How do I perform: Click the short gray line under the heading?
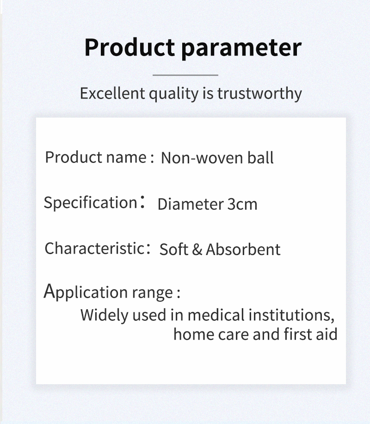click(185, 75)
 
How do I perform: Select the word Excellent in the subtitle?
click(112, 93)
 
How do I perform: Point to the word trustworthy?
click(259, 94)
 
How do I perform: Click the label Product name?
click(96, 157)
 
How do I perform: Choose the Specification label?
click(89, 203)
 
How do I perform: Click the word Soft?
click(174, 249)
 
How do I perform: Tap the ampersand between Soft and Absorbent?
click(197, 249)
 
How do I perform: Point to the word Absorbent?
click(243, 249)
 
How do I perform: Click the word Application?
click(86, 292)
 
